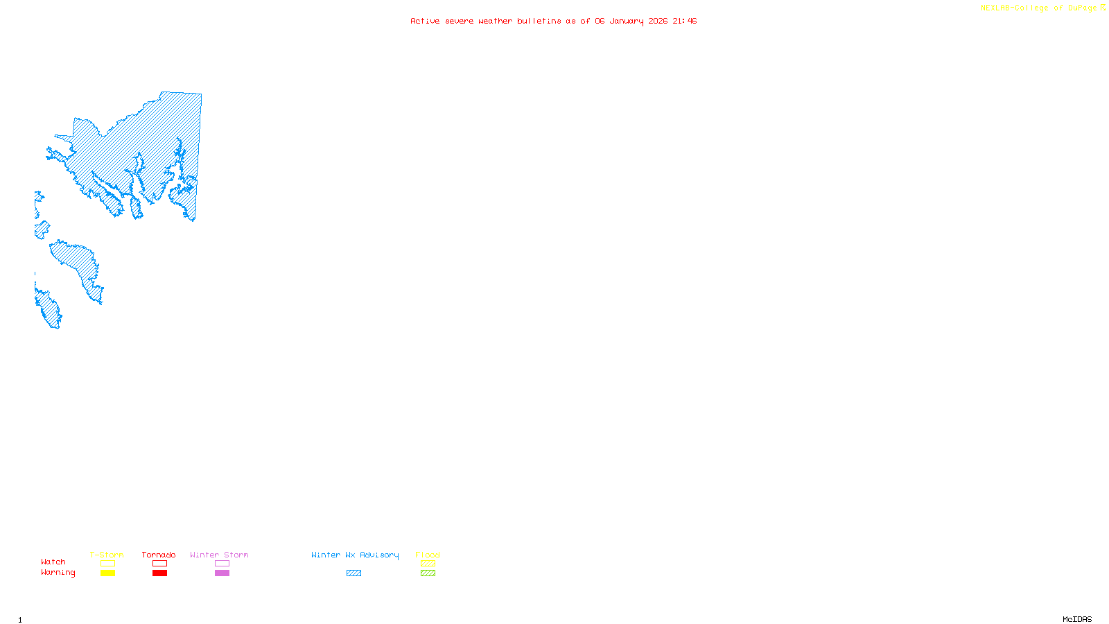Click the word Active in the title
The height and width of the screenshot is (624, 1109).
(424, 21)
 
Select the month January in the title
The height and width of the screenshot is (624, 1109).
(627, 21)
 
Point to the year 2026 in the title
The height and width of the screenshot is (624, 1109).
(658, 21)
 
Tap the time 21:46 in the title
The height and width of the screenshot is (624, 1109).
(685, 21)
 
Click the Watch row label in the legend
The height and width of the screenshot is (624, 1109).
(53, 562)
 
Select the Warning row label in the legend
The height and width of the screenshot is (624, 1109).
(58, 573)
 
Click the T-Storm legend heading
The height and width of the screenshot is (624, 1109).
(107, 555)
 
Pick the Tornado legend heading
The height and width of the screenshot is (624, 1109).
(159, 555)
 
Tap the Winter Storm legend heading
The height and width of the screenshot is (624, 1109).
(219, 555)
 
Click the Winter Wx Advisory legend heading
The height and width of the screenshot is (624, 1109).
(355, 555)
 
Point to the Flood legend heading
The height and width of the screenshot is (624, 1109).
(428, 555)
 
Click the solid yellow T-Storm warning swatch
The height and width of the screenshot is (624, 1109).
(107, 573)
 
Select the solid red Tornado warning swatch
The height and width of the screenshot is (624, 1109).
(160, 573)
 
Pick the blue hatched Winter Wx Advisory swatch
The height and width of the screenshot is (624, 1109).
(353, 573)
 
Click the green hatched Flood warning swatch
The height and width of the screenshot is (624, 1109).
(428, 573)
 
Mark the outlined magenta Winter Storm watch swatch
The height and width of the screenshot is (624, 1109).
(222, 564)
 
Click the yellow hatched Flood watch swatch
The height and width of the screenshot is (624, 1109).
(428, 564)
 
